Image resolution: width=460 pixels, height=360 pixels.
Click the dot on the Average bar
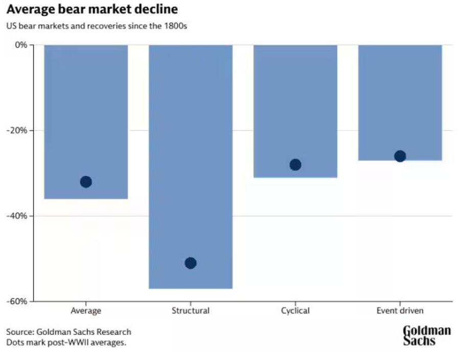point(86,182)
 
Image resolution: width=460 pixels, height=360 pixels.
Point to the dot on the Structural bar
point(191,263)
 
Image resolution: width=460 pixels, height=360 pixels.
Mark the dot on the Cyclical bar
point(295,165)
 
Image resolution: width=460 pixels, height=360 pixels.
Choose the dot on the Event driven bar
point(400,156)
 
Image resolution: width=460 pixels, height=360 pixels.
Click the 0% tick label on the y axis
point(21,45)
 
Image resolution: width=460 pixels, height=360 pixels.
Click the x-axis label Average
point(86,310)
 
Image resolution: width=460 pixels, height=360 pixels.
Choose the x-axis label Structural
point(191,310)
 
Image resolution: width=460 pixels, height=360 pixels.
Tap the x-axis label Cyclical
point(295,310)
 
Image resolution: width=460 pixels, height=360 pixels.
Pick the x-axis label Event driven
point(400,310)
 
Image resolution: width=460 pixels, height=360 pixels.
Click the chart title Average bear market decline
point(92,10)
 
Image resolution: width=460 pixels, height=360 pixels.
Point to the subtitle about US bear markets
point(97,26)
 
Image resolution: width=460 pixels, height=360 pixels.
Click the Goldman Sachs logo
point(427,335)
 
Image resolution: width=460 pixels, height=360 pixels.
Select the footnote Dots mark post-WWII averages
point(66,343)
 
